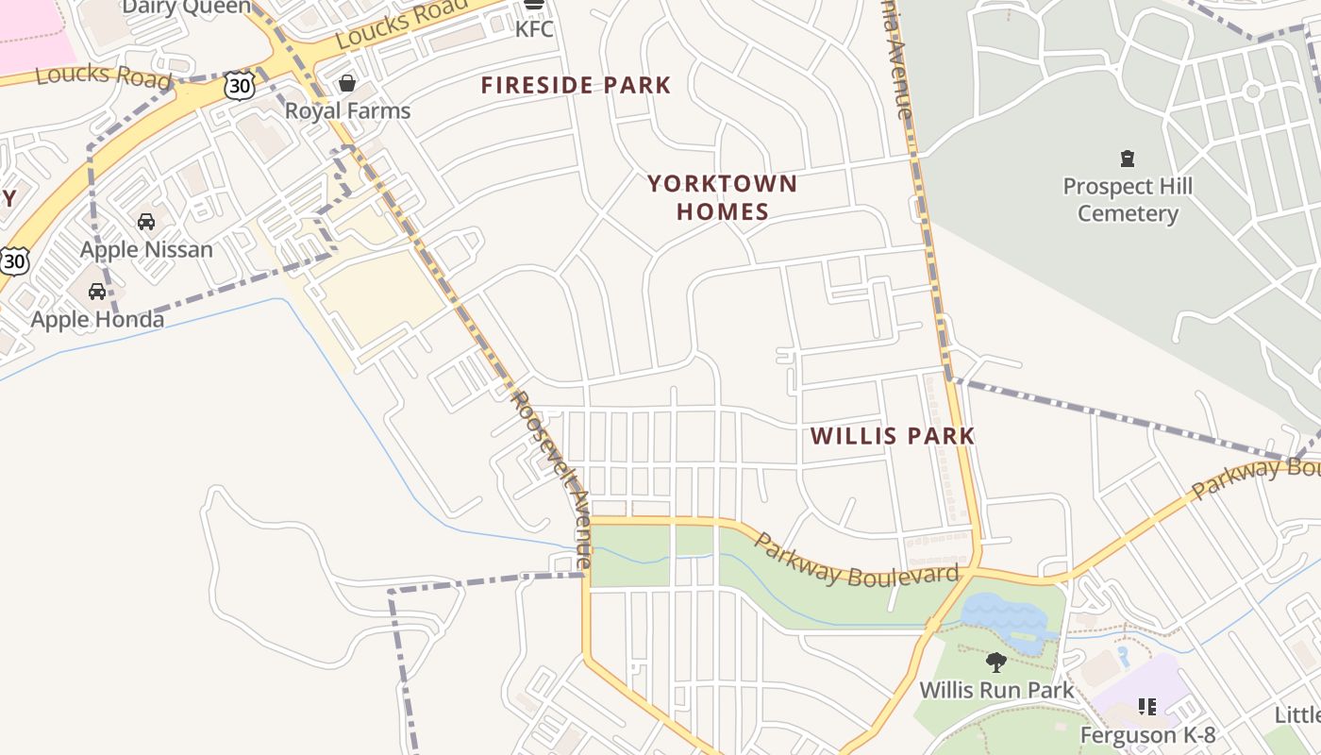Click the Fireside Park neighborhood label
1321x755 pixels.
click(576, 86)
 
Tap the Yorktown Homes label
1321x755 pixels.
click(722, 197)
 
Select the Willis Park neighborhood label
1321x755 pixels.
click(892, 436)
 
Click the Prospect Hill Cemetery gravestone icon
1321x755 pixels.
click(1127, 158)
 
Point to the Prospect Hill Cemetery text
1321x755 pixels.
click(1128, 200)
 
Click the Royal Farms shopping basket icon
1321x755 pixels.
click(347, 83)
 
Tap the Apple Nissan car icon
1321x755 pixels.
click(146, 222)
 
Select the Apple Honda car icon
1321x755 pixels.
click(97, 292)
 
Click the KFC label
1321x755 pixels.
click(534, 28)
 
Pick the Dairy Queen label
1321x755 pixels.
click(187, 8)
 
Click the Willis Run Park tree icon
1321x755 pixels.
click(995, 663)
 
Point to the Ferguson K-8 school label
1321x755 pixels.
click(1147, 734)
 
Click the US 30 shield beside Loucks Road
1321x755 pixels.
click(240, 86)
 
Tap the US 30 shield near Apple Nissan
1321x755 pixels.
click(13, 260)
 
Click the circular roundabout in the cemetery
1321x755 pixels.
click(1252, 92)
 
